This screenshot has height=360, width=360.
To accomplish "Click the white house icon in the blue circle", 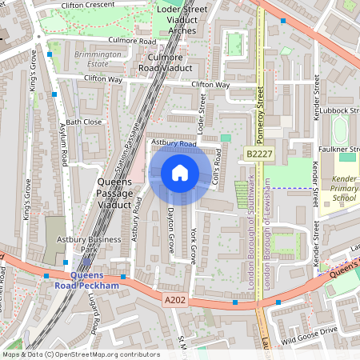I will click(180, 172).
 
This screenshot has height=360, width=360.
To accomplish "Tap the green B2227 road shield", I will click(259, 154).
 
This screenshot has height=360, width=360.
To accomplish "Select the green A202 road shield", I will click(176, 300).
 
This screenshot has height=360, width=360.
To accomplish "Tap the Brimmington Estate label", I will click(98, 58).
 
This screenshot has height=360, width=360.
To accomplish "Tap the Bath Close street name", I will click(84, 122).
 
